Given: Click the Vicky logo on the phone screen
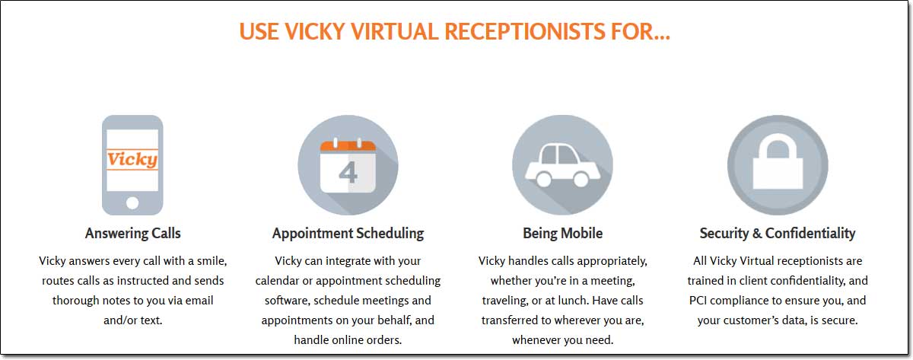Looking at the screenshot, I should (132, 160).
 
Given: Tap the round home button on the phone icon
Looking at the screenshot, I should (132, 202).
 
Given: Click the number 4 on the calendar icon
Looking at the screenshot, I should (348, 172).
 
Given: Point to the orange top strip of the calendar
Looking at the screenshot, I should (348, 146).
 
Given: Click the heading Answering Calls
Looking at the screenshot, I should (133, 233).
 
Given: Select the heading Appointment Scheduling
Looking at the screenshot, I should (348, 233).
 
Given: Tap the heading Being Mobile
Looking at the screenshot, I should (562, 233).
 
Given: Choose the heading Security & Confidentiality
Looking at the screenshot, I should (778, 233).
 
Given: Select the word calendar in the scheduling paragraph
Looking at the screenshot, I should (284, 281).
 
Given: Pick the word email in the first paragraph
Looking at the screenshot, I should (199, 301).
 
